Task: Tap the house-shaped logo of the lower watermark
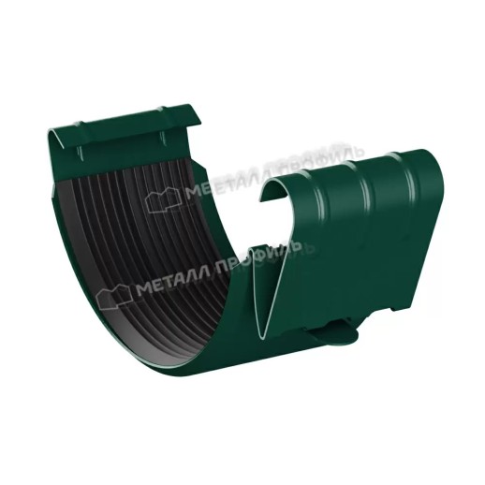point(115,297)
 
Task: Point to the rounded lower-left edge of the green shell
point(94,309)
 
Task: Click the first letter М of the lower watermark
point(142,289)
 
